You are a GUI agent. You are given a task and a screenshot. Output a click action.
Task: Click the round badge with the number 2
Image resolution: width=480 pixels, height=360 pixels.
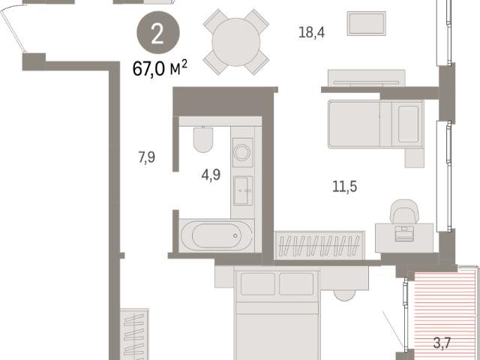pos(158,32)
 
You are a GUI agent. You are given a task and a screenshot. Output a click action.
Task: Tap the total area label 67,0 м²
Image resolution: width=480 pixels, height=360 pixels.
pos(160,68)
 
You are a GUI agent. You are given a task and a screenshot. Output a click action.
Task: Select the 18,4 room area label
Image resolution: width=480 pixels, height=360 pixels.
pos(311,32)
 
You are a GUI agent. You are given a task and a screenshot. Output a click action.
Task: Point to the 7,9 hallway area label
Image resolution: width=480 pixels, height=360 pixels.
pos(147,157)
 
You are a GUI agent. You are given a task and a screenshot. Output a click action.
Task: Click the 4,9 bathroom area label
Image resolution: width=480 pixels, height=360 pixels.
pos(211,175)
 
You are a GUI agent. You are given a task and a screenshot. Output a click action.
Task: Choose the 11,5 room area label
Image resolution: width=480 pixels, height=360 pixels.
pos(345,187)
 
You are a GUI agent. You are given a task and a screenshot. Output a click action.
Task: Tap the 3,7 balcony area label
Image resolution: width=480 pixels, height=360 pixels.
pos(442,343)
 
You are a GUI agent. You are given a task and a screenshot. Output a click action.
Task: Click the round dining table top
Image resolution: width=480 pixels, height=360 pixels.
pos(235,42)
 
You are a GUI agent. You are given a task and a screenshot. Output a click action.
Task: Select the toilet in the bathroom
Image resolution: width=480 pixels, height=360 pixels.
pos(203,139)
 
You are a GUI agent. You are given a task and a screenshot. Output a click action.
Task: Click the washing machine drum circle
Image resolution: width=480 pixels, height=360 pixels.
pos(241,152)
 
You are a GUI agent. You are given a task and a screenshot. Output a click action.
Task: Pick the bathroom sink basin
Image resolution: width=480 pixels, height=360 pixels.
pos(243,190)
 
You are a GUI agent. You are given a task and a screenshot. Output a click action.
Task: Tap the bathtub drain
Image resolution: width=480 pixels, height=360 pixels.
pos(235,235)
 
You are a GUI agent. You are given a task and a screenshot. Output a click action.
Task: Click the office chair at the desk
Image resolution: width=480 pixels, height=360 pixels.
pos(404,211)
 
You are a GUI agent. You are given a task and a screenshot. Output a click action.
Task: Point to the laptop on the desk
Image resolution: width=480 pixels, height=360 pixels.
pos(404,233)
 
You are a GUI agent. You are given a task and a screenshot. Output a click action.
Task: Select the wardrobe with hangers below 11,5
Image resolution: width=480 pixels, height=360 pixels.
pos(320,246)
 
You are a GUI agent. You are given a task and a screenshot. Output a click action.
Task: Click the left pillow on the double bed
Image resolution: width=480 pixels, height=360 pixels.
pos(258,284)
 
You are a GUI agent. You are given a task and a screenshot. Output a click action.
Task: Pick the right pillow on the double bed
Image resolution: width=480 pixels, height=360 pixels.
pos(296,284)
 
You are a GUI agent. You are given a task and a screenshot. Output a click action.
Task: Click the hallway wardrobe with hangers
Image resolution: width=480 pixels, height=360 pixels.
pos(134,334)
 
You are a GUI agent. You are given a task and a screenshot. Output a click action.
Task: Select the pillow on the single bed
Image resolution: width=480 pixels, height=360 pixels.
pos(408,124)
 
